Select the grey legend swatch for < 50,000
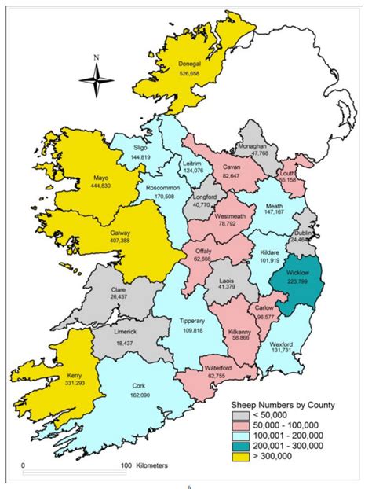pyautogui.click(x=243, y=416)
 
